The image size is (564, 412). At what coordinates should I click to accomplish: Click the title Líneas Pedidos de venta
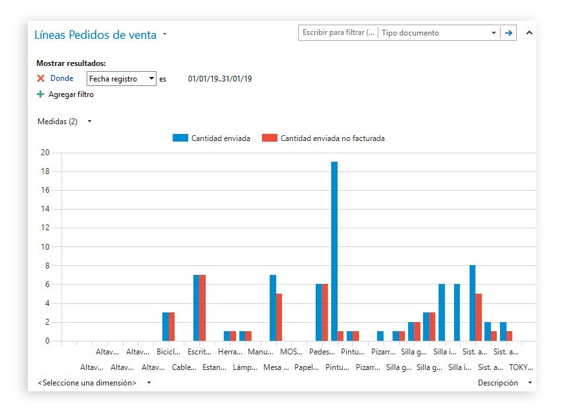pyautogui.click(x=95, y=35)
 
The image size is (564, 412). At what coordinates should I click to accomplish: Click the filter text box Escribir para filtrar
pyautogui.click(x=338, y=33)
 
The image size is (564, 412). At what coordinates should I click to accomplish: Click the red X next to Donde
pyautogui.click(x=41, y=78)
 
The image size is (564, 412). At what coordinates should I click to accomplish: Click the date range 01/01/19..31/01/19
pyautogui.click(x=220, y=79)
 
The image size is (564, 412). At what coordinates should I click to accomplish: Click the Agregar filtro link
pyautogui.click(x=70, y=94)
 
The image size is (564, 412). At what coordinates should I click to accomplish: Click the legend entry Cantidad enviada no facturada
pyautogui.click(x=332, y=138)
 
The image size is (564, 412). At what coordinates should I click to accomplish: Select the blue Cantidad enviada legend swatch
pyautogui.click(x=180, y=138)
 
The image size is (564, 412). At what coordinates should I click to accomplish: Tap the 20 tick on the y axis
pyautogui.click(x=45, y=153)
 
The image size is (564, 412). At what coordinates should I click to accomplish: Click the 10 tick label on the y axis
pyautogui.click(x=45, y=247)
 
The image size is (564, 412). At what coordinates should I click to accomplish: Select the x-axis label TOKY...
pyautogui.click(x=521, y=367)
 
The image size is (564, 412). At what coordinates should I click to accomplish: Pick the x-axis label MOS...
pyautogui.click(x=291, y=352)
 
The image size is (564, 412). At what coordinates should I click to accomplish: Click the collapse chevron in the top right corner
pyautogui.click(x=529, y=32)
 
